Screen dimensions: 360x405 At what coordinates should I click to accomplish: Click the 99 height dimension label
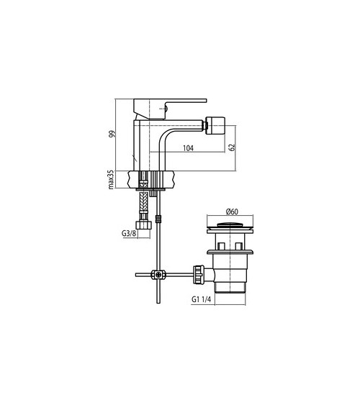(112, 134)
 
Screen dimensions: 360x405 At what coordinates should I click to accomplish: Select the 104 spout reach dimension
(188, 148)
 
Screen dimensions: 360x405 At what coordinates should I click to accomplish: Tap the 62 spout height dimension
(232, 147)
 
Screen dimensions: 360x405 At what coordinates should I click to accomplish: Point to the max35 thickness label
(111, 180)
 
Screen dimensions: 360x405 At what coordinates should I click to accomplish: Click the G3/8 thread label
(129, 234)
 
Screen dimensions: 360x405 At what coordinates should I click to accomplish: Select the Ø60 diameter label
(232, 211)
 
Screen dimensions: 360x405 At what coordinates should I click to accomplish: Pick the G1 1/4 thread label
(202, 299)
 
